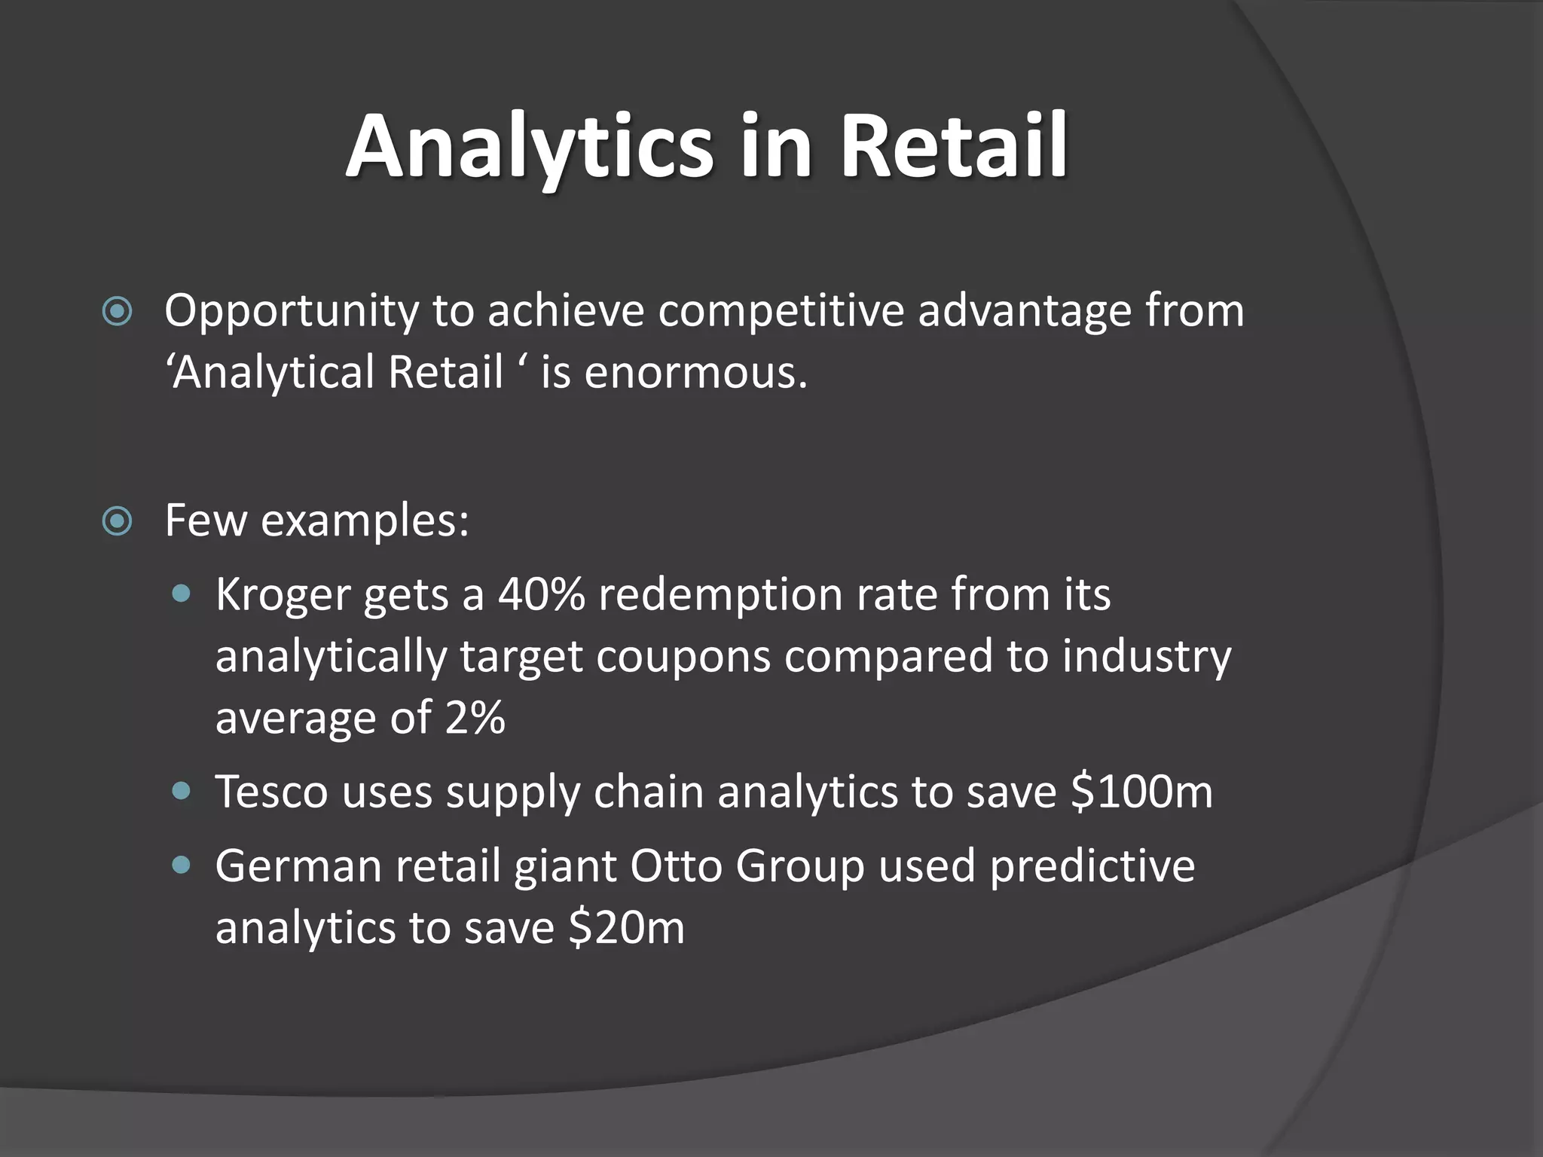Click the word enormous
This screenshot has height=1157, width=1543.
(695, 372)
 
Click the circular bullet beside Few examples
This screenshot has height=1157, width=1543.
(118, 521)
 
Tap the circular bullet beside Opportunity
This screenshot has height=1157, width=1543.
(118, 311)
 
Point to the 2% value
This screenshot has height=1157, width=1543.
(475, 717)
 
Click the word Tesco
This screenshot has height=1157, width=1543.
(271, 792)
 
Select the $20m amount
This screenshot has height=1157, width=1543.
(627, 927)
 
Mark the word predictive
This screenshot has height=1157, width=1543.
(1092, 865)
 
